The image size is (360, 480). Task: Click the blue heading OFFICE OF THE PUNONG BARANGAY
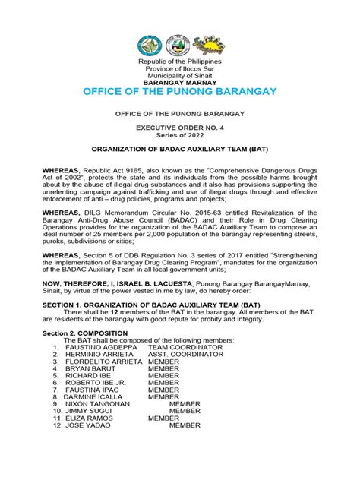point(180,92)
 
